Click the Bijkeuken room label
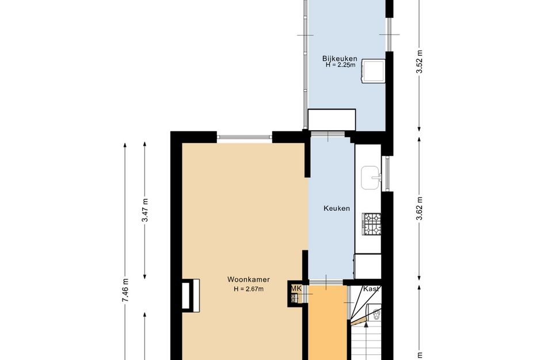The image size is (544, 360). tap(339, 58)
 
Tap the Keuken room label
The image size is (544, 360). tap(337, 209)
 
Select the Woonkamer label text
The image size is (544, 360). tap(249, 279)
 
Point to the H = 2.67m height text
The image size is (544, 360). tap(249, 289)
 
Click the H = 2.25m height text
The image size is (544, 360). tap(340, 65)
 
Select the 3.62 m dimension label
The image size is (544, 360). tap(420, 209)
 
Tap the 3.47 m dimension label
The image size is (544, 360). tap(146, 210)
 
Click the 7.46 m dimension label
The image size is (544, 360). tap(125, 290)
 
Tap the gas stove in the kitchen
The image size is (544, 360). tap(371, 224)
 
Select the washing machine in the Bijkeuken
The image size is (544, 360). tap(373, 71)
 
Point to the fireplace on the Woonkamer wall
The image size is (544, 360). tap(191, 295)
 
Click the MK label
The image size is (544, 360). tap(296, 289)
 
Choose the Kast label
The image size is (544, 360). tap(371, 289)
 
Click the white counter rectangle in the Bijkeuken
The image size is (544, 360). tap(332, 120)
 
